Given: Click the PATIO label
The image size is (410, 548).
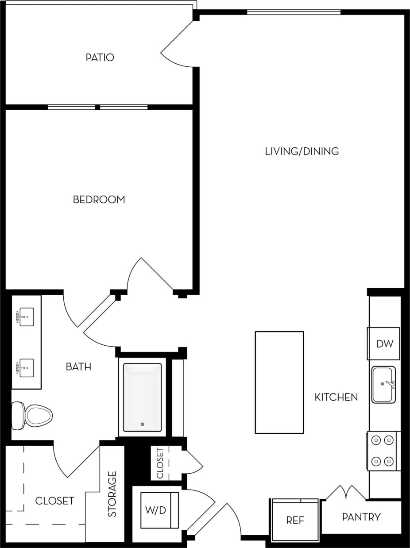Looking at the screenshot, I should click(100, 58).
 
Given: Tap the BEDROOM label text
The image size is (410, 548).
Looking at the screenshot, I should click(99, 200).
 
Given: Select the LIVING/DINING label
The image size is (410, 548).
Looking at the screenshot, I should click(302, 151).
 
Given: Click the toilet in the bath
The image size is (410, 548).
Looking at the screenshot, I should click(33, 415).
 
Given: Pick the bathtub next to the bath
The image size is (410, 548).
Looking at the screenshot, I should click(142, 397).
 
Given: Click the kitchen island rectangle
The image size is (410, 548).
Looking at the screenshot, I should click(279, 382).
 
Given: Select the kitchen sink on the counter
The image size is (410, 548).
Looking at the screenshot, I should click(383, 385).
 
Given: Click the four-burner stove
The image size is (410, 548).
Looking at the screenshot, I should click(383, 451).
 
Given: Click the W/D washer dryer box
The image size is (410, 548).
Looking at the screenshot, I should click(156, 510).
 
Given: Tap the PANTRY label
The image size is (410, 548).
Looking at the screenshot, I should click(361, 517).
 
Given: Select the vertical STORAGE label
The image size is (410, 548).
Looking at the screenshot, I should click(112, 494).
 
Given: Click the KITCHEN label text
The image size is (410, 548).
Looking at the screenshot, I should click(336, 397).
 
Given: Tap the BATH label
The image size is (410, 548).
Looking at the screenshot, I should click(78, 367).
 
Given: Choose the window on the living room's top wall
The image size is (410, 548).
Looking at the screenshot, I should click(294, 12).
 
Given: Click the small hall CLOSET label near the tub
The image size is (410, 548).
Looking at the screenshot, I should click(160, 463).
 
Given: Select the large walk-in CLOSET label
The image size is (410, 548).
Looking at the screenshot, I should click(54, 501).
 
